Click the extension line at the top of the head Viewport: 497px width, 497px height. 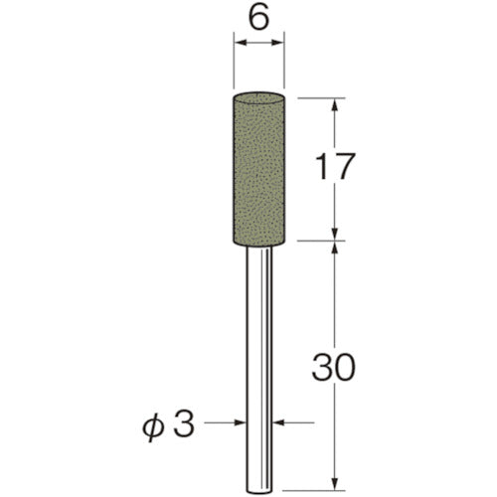318,97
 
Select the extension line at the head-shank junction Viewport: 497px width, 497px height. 318,240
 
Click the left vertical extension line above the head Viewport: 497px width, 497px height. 234,65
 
